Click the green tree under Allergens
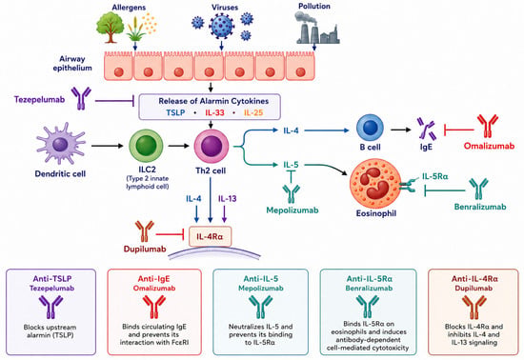[x=110, y=28]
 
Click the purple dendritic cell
[x=60, y=146]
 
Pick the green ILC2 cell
[x=146, y=147]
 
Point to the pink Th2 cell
[x=212, y=147]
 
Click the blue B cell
[x=370, y=128]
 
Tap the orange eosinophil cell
[x=375, y=185]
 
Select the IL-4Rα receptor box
[x=210, y=237]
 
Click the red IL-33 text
[x=214, y=112]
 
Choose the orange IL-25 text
[x=253, y=112]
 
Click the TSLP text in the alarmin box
[x=176, y=112]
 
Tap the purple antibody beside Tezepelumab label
[x=81, y=98]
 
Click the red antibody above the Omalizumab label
[x=488, y=126]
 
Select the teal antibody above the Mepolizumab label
[x=292, y=193]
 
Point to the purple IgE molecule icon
[x=427, y=130]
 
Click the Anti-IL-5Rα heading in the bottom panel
[x=370, y=278]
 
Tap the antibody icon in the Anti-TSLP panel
[x=50, y=307]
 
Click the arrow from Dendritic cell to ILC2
[x=108, y=146]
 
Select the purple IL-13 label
[x=228, y=199]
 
